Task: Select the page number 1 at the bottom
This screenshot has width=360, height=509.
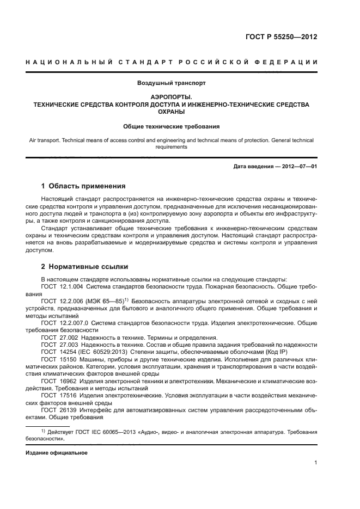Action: (x=316, y=463)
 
